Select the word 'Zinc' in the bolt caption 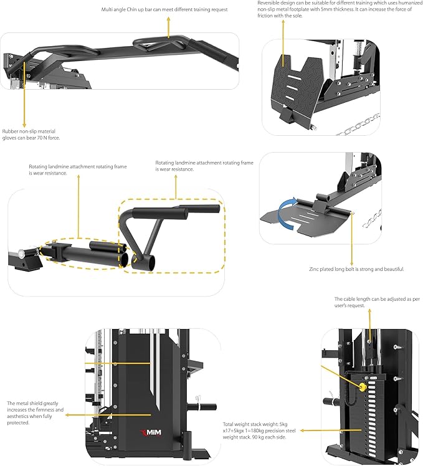(x=315, y=269)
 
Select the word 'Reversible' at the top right (x=270, y=3)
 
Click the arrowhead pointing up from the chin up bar (x=168, y=19)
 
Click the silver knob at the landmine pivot (x=22, y=254)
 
